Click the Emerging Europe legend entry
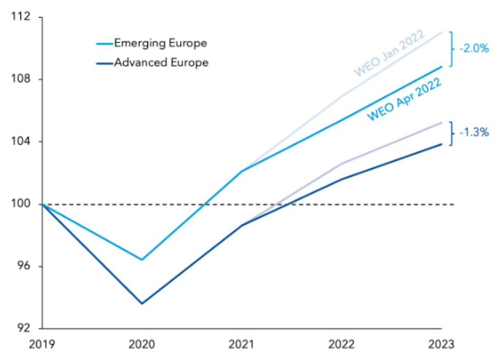160,42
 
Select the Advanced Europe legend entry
161,62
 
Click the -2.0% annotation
474,49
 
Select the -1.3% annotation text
474,132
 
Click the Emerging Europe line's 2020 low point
142,260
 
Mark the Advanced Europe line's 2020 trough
142,304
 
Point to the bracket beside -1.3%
452,133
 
